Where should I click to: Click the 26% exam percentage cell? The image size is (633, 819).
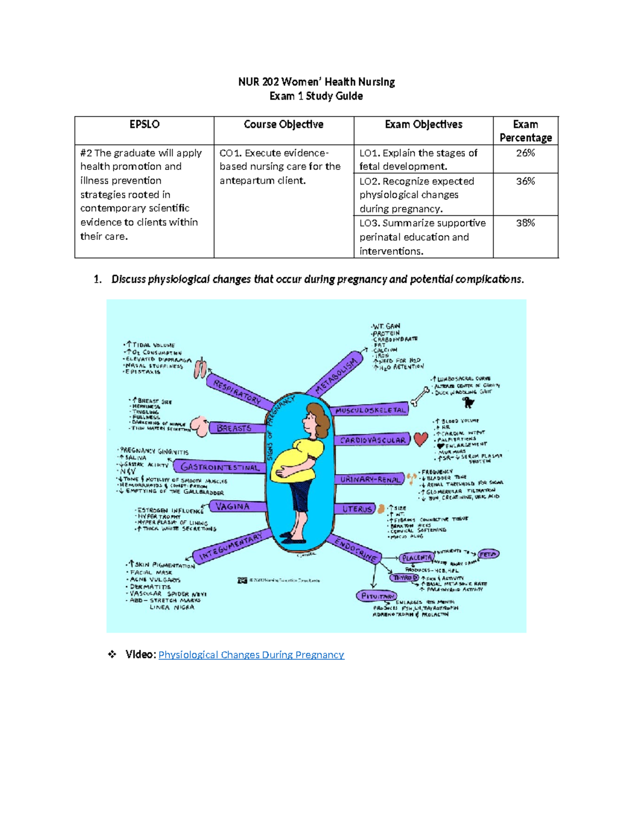pyautogui.click(x=525, y=153)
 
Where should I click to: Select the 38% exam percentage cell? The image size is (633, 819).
pyautogui.click(x=525, y=223)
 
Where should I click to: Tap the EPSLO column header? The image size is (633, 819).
pyautogui.click(x=144, y=124)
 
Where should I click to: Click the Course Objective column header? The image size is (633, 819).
pyautogui.click(x=283, y=124)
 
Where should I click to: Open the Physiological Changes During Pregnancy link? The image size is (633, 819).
pyautogui.click(x=251, y=654)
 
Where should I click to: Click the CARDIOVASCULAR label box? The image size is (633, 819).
pyautogui.click(x=372, y=440)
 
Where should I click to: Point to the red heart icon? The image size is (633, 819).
pyautogui.click(x=420, y=439)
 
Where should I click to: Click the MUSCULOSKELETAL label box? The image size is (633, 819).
pyautogui.click(x=371, y=410)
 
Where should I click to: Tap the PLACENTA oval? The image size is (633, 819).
pyautogui.click(x=417, y=557)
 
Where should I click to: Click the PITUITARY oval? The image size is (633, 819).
pyautogui.click(x=376, y=596)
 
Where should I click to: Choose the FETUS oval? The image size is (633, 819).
pyautogui.click(x=488, y=554)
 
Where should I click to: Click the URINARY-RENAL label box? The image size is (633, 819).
pyautogui.click(x=370, y=479)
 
